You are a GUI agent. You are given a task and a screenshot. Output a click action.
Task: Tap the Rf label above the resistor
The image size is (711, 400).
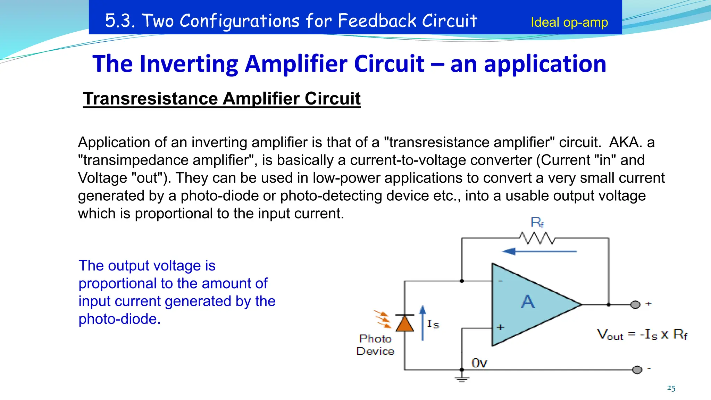point(537,222)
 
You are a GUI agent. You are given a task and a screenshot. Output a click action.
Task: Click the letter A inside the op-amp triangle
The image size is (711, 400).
point(528,301)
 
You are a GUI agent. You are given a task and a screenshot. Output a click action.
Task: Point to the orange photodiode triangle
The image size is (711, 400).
point(405,324)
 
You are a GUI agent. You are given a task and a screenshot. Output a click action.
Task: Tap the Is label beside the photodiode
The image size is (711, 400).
point(433,324)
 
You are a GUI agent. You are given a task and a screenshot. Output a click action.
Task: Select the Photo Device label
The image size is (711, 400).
point(375,345)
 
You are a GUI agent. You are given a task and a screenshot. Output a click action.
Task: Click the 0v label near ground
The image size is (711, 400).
point(479,363)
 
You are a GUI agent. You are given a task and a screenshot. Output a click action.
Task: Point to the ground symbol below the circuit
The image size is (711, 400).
point(462,379)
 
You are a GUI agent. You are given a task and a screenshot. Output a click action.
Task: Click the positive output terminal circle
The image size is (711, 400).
point(635,305)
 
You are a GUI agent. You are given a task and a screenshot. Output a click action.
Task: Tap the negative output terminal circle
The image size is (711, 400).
point(637,369)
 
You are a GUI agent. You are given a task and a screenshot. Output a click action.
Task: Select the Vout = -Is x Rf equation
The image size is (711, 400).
point(642,334)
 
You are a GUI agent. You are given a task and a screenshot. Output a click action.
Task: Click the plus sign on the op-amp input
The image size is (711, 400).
point(500,327)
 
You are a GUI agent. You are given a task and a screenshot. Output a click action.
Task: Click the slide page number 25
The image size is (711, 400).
point(671,388)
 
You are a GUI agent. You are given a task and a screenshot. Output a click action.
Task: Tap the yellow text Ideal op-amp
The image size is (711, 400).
point(569,22)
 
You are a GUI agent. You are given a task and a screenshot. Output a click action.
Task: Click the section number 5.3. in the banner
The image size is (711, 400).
point(120,20)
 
